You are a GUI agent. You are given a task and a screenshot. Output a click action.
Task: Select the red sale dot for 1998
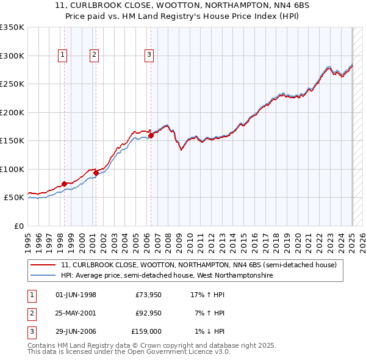click(64, 184)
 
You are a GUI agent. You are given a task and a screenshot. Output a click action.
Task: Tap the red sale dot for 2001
click(96, 173)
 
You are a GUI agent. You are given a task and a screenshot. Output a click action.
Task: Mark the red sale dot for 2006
click(151, 135)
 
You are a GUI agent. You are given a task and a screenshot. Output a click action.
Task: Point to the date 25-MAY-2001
click(76, 313)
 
